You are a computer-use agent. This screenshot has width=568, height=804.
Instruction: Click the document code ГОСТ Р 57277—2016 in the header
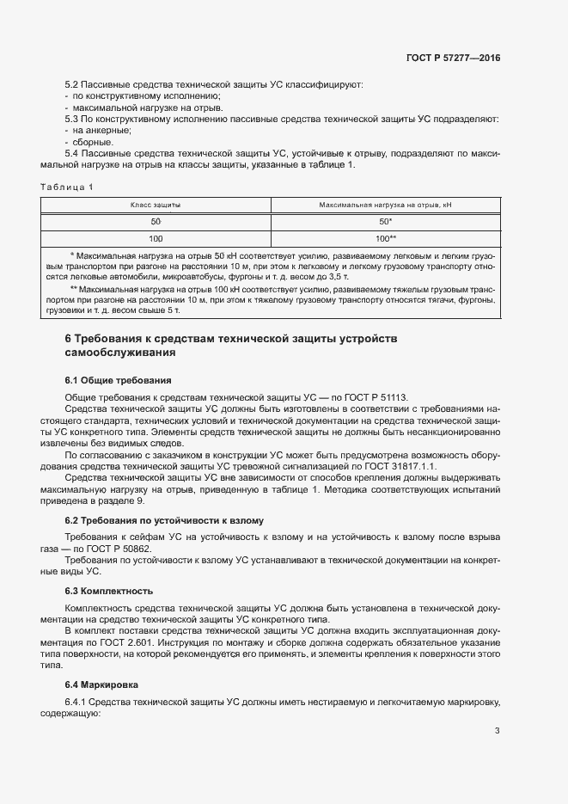tap(453, 58)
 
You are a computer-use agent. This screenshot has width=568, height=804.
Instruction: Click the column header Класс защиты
tap(156, 206)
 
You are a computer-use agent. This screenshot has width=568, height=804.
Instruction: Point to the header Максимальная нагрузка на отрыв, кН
tap(385, 206)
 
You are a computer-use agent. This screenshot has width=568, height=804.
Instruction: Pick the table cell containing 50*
tap(385, 222)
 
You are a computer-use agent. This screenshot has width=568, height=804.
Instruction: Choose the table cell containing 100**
tap(385, 238)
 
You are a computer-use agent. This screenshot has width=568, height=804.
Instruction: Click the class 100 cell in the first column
tap(156, 238)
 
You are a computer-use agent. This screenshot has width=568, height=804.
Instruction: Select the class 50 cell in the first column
tap(156, 222)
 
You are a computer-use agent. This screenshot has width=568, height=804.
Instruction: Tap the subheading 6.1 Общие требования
tap(118, 380)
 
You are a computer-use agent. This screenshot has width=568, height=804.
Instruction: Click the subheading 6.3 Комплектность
tap(109, 591)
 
